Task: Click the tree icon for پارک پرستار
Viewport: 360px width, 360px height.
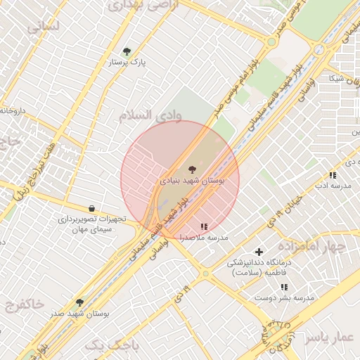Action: (127, 51)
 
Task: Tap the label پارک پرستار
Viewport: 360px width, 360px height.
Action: (127, 63)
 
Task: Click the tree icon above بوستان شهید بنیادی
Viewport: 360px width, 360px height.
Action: (191, 169)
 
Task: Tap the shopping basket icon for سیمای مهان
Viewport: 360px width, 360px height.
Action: (92, 208)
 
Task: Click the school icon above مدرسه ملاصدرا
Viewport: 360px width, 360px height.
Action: (204, 226)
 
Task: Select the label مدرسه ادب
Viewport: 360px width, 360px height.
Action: (331, 186)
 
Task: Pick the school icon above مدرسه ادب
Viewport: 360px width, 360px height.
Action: (332, 175)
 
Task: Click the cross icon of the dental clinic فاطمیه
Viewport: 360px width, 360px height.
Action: (259, 252)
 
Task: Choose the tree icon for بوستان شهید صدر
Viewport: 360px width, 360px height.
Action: (79, 303)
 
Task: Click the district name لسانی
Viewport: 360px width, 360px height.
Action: (44, 27)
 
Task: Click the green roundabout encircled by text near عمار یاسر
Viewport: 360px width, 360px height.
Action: (274, 330)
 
